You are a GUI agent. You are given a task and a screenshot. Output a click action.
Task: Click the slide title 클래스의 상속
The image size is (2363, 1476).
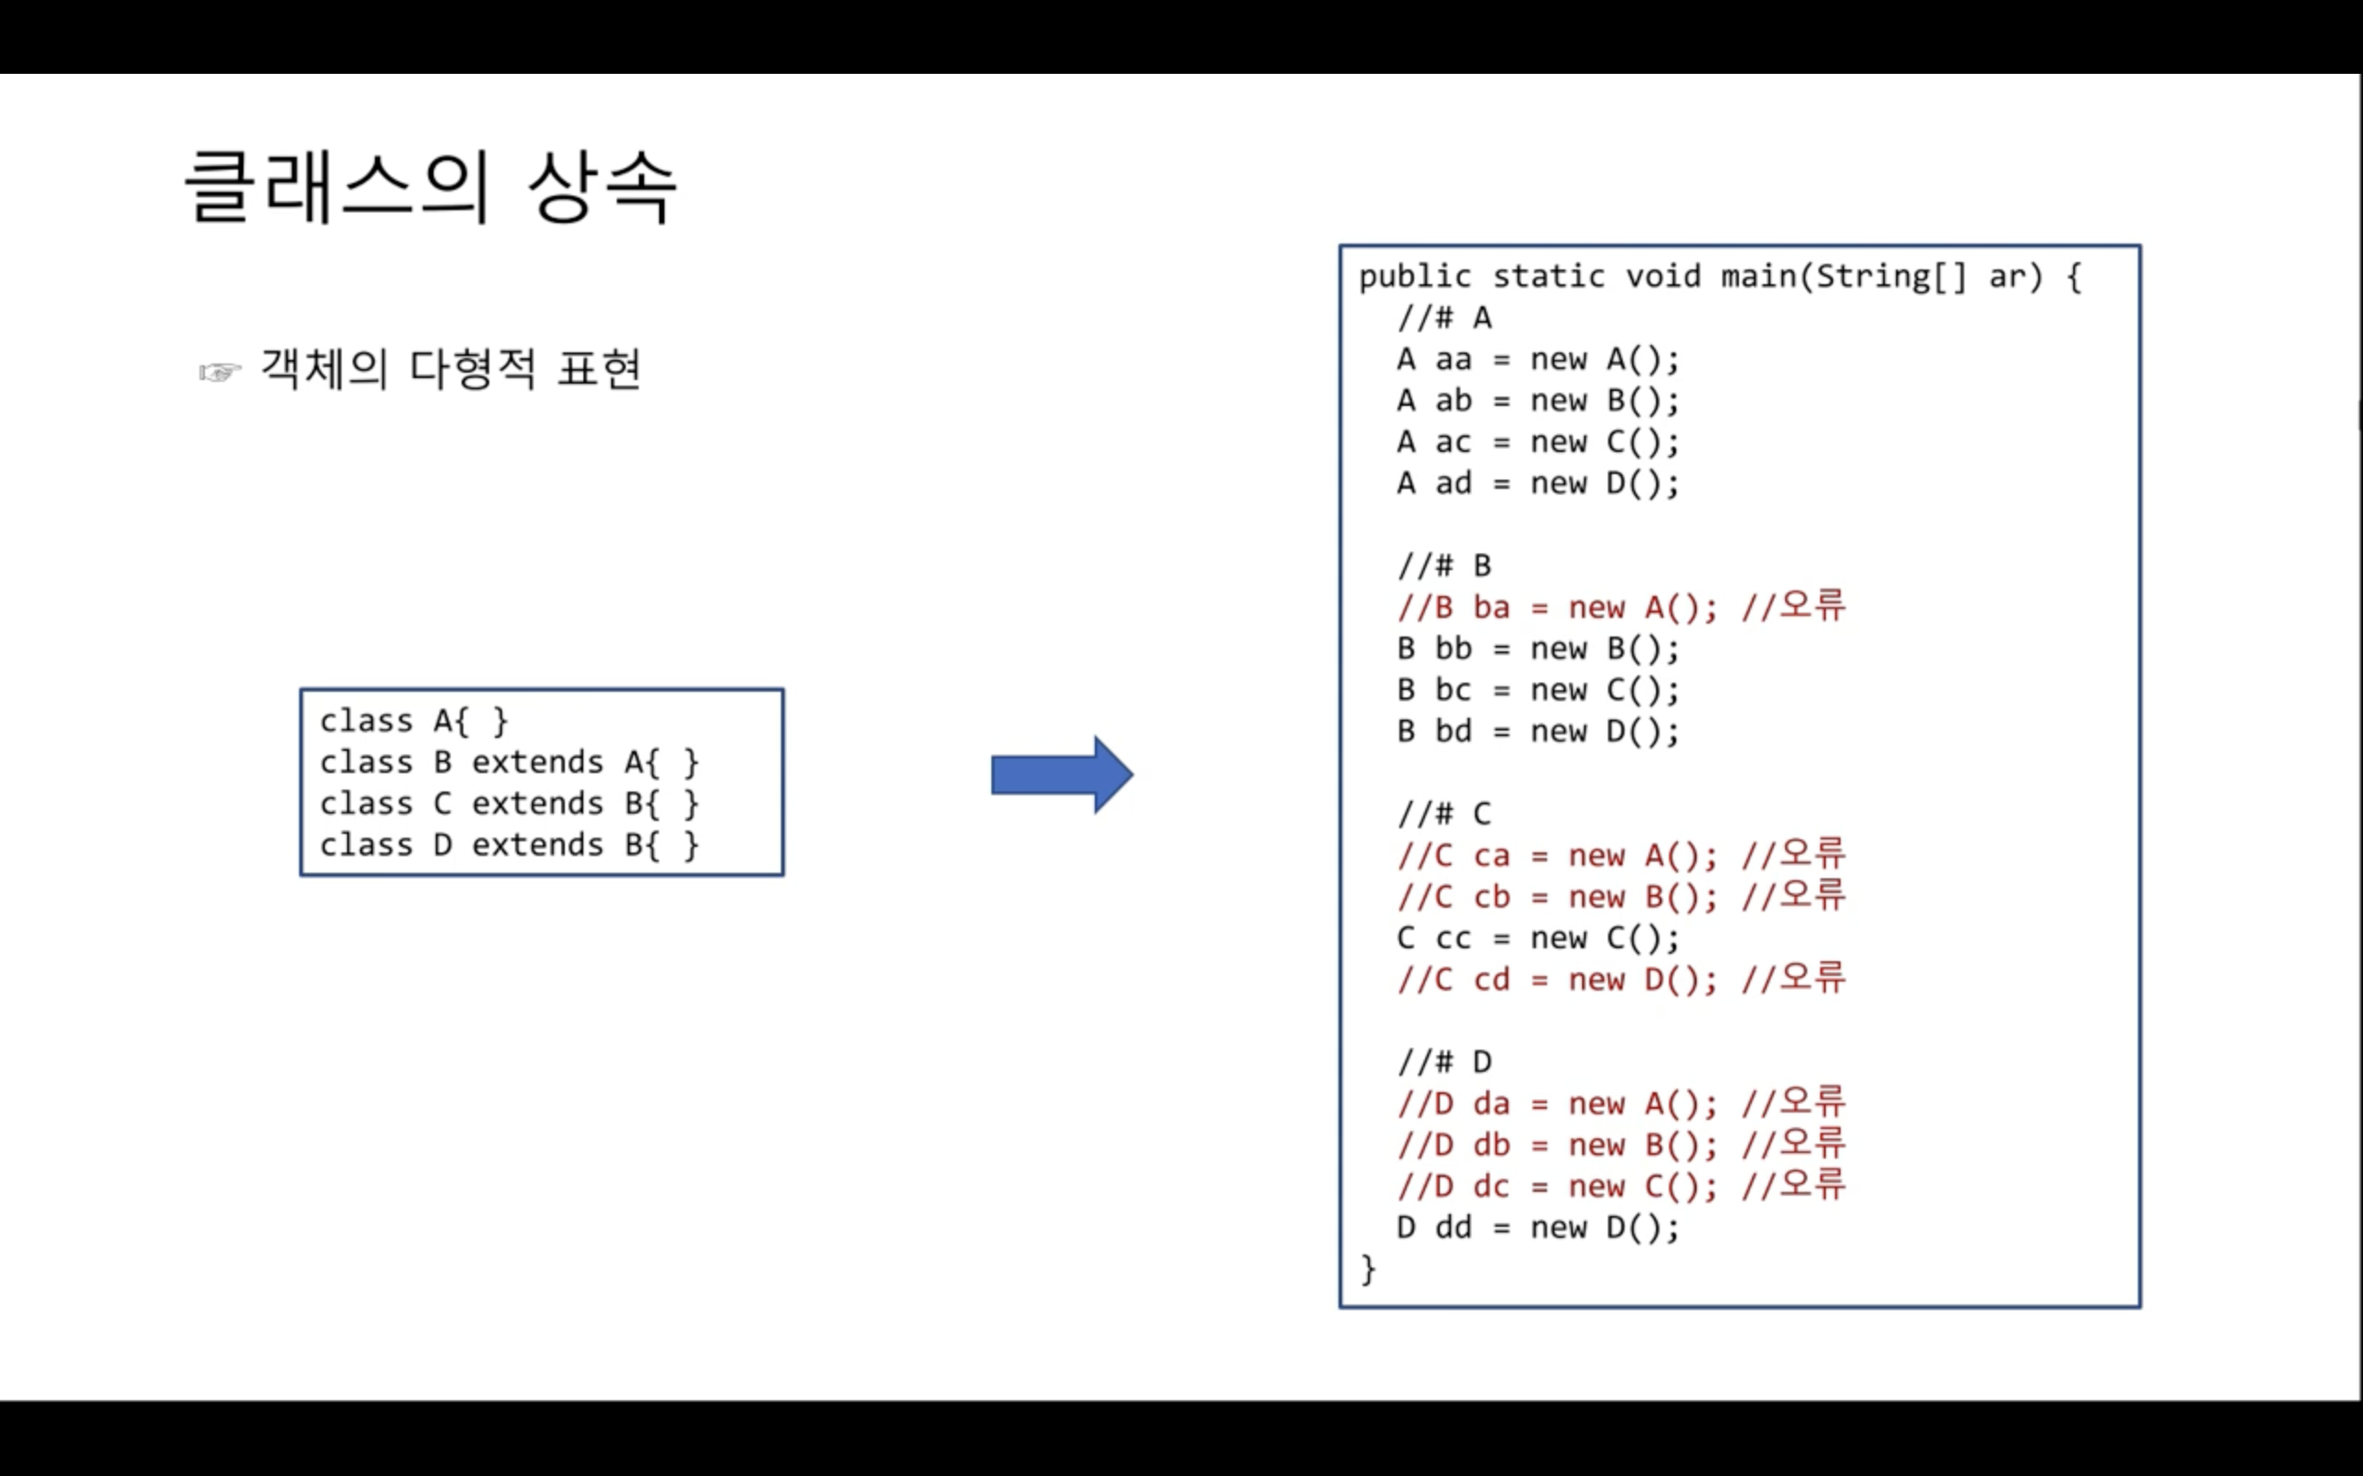tap(431, 186)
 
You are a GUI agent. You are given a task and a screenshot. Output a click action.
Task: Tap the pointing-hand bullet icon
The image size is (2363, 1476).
tap(220, 372)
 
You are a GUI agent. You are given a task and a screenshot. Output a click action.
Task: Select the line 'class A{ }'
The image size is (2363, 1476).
tap(414, 721)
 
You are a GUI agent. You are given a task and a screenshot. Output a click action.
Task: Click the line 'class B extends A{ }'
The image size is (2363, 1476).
tap(509, 762)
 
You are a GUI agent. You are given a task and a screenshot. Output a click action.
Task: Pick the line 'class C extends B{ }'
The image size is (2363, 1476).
tap(509, 804)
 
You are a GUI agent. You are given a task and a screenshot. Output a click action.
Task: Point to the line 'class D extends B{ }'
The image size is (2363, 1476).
tap(509, 845)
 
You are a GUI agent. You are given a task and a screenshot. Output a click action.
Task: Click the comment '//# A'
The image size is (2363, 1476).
tap(1445, 318)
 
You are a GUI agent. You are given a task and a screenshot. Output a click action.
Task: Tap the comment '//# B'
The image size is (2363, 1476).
tap(1445, 566)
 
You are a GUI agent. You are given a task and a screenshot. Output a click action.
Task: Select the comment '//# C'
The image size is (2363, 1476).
tap(1445, 815)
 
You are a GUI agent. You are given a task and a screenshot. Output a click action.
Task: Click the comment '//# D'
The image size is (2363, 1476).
tap(1445, 1062)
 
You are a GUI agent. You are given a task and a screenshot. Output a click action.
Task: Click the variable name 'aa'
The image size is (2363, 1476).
tap(1453, 360)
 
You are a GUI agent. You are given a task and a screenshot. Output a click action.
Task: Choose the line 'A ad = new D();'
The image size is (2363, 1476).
tap(1538, 483)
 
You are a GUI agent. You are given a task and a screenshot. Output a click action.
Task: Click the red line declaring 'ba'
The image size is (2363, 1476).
tap(1621, 608)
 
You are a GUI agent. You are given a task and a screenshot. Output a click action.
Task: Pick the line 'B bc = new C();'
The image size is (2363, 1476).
tap(1538, 690)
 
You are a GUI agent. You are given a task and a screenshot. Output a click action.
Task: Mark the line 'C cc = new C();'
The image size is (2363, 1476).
tap(1538, 938)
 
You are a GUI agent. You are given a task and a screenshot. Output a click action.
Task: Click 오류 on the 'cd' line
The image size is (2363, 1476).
tap(1812, 978)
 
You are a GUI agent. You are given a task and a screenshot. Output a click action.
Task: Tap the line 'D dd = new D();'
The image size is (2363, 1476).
tap(1538, 1227)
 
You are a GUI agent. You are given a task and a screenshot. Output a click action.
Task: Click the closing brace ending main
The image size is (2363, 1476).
tap(1368, 1269)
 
